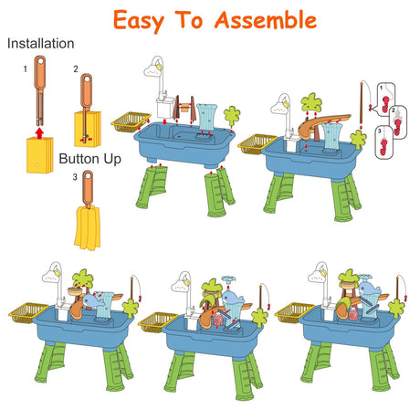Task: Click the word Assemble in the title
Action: [x=266, y=20]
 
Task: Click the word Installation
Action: [x=40, y=44]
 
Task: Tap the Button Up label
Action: [x=89, y=159]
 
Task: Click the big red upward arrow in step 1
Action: [x=39, y=133]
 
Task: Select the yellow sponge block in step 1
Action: [x=39, y=155]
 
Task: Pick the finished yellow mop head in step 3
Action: [x=87, y=227]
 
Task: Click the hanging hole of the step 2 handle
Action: [x=87, y=79]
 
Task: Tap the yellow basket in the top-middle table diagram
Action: [x=131, y=122]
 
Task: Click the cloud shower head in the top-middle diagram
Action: [x=152, y=69]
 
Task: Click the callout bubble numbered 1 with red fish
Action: [x=386, y=98]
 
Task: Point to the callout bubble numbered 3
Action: [x=384, y=142]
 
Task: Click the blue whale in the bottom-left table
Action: [x=93, y=300]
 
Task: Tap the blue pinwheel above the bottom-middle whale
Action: [x=228, y=278]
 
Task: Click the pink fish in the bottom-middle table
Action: [x=218, y=320]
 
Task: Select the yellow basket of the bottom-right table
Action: [x=293, y=313]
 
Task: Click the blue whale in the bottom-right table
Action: [x=369, y=289]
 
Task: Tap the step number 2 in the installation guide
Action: [x=76, y=69]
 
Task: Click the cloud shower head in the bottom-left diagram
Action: [x=52, y=277]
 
